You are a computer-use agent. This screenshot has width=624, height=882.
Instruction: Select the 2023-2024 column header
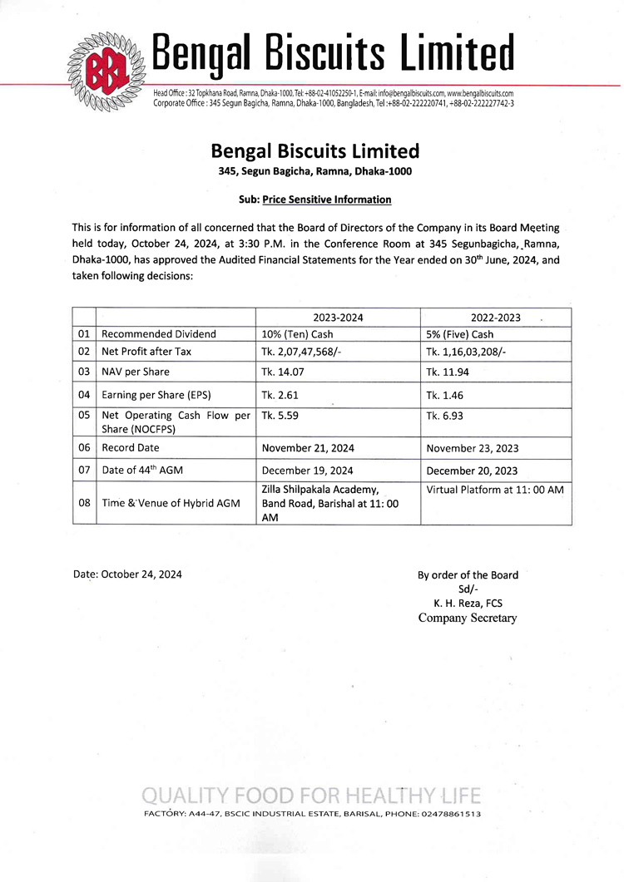coord(338,317)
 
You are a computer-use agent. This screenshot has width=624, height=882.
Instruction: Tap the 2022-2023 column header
coord(495,317)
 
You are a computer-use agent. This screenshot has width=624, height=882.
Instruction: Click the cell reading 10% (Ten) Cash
coord(297,334)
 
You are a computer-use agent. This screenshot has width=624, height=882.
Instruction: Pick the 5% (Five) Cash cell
coord(459,334)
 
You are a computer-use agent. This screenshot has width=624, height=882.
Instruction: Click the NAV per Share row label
coord(136,372)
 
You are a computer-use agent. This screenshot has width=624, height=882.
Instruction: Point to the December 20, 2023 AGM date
coord(472,471)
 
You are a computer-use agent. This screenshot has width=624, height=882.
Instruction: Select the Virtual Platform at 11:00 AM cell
coord(494,490)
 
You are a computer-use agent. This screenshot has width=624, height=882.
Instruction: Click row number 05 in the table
coord(84,416)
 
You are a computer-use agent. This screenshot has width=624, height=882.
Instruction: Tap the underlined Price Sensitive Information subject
coord(326,200)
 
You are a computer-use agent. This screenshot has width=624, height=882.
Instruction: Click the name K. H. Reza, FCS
coord(467,604)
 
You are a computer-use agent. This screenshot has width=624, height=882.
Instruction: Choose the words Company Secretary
coord(467,618)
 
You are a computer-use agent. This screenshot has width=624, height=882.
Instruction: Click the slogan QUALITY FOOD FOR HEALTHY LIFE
coord(311,795)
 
